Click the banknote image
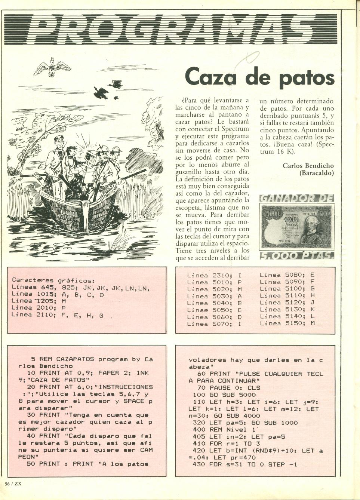click(296, 226)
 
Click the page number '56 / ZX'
click(13, 483)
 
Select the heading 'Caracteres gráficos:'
click(53, 280)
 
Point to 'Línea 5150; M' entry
click(287, 323)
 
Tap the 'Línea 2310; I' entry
click(214, 275)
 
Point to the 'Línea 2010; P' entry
click(39, 308)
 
